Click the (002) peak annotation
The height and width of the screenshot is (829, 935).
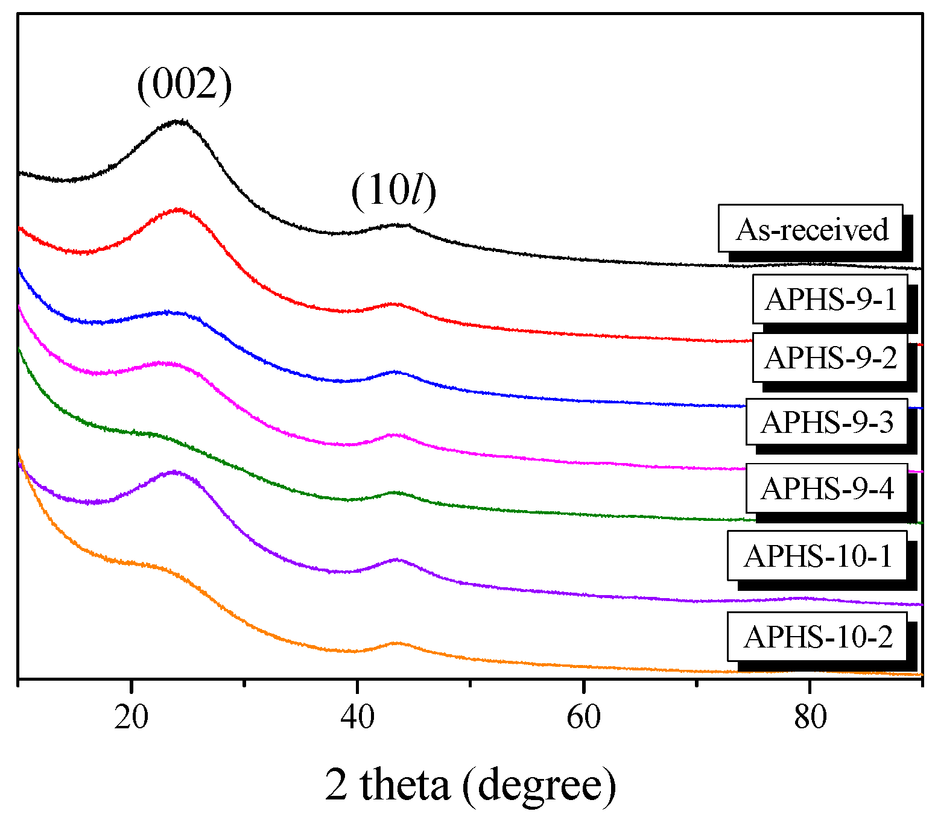tap(184, 85)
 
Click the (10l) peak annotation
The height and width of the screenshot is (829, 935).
tap(393, 192)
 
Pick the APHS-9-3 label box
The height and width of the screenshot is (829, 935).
tap(826, 422)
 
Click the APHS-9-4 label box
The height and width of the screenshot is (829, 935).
tap(826, 488)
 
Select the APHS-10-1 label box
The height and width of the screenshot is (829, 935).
tap(817, 555)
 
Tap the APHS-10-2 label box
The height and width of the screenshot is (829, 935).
tap(817, 637)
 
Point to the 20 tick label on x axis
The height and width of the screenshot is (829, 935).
tap(131, 717)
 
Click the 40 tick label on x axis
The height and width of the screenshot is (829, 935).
tap(357, 717)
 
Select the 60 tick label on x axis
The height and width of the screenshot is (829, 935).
tap(583, 717)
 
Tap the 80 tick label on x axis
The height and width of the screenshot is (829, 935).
tap(810, 717)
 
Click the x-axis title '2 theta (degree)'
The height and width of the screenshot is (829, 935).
tap(471, 785)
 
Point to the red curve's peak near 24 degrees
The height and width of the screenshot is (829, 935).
tap(178, 210)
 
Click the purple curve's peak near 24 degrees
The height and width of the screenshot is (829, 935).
tap(174, 472)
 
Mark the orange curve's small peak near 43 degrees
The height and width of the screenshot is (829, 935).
tap(396, 643)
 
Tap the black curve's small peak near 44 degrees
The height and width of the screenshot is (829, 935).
tap(398, 225)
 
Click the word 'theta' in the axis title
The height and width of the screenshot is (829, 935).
tap(405, 785)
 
